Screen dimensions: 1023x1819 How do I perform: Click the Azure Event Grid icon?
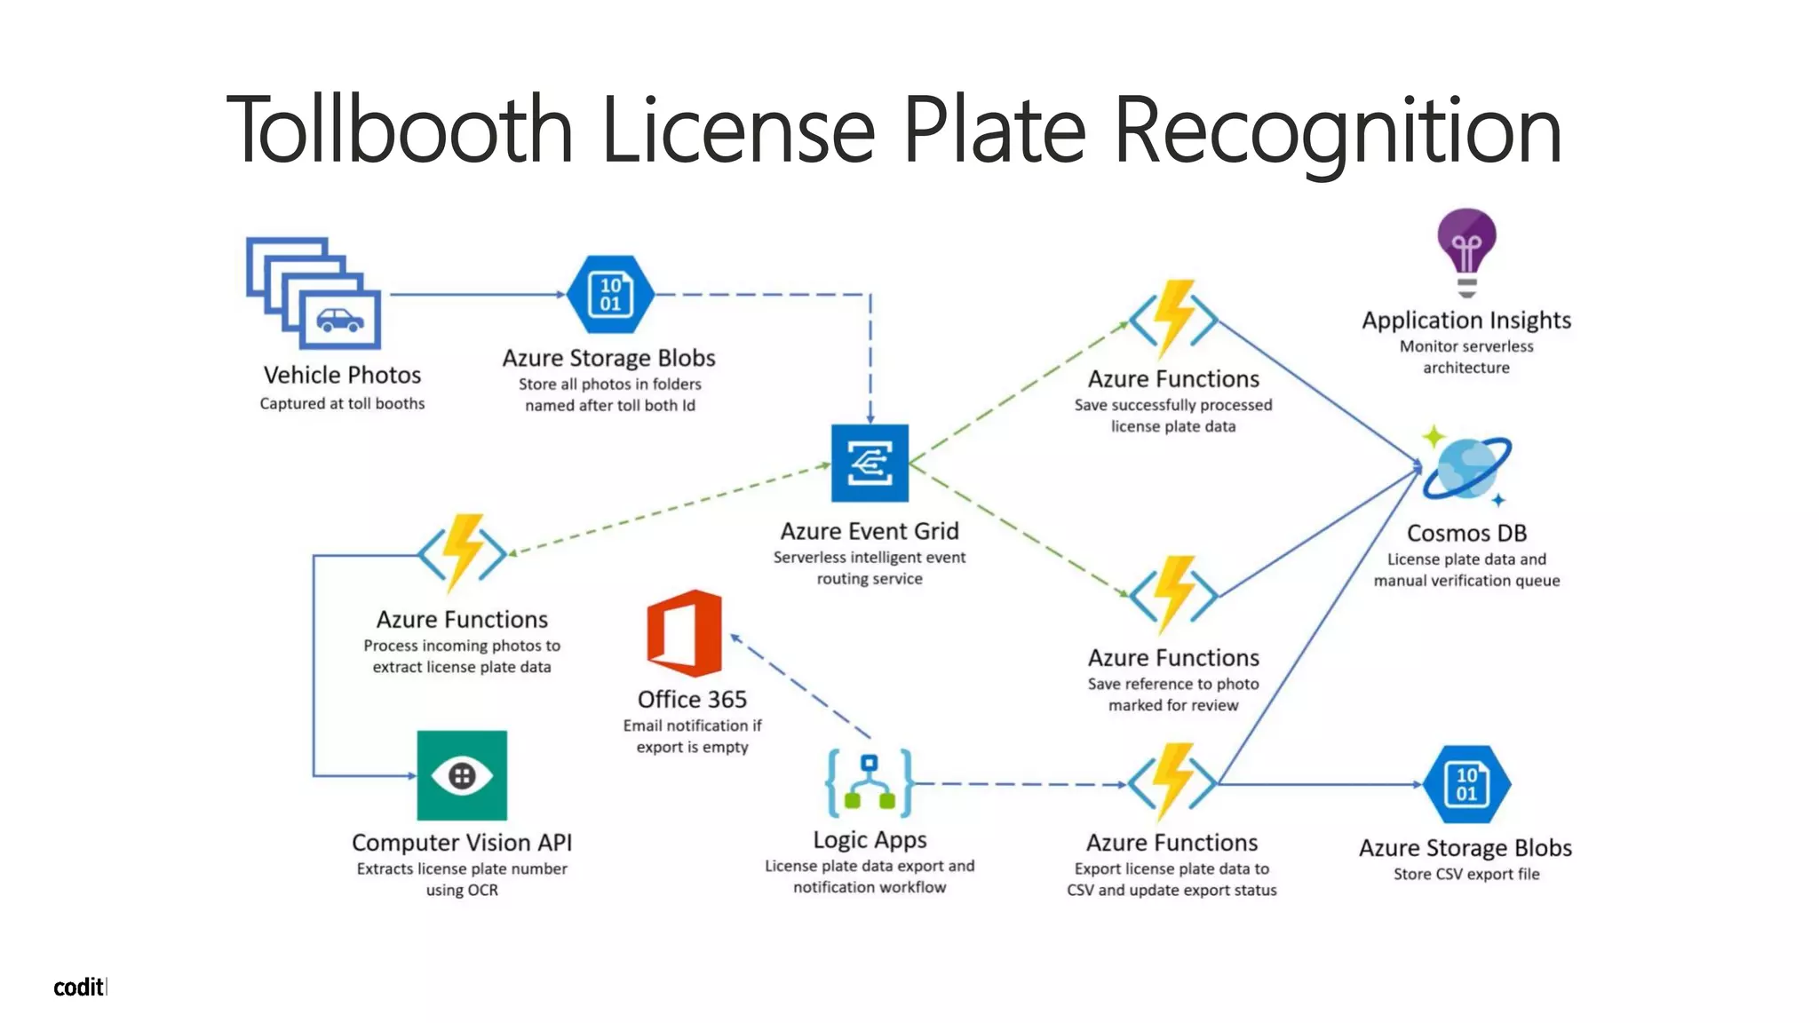(x=870, y=463)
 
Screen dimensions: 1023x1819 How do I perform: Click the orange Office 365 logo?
(x=684, y=633)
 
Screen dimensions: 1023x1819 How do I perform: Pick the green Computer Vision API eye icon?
(x=462, y=775)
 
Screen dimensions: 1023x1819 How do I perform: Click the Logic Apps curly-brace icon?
(x=869, y=783)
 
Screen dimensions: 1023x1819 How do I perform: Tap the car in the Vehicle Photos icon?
(x=340, y=320)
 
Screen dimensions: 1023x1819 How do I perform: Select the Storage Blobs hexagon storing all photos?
(x=610, y=294)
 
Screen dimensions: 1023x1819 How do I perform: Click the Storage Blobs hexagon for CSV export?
(x=1466, y=784)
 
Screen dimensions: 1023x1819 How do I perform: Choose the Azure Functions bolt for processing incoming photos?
(x=462, y=552)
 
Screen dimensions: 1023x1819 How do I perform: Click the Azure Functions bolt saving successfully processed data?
(x=1173, y=319)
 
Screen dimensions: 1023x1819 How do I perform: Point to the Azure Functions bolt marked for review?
(x=1173, y=594)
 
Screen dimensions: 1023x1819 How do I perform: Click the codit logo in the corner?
(x=79, y=987)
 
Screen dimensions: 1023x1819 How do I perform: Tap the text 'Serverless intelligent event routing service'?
(x=869, y=568)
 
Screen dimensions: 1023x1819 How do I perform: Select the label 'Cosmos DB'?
(x=1466, y=533)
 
